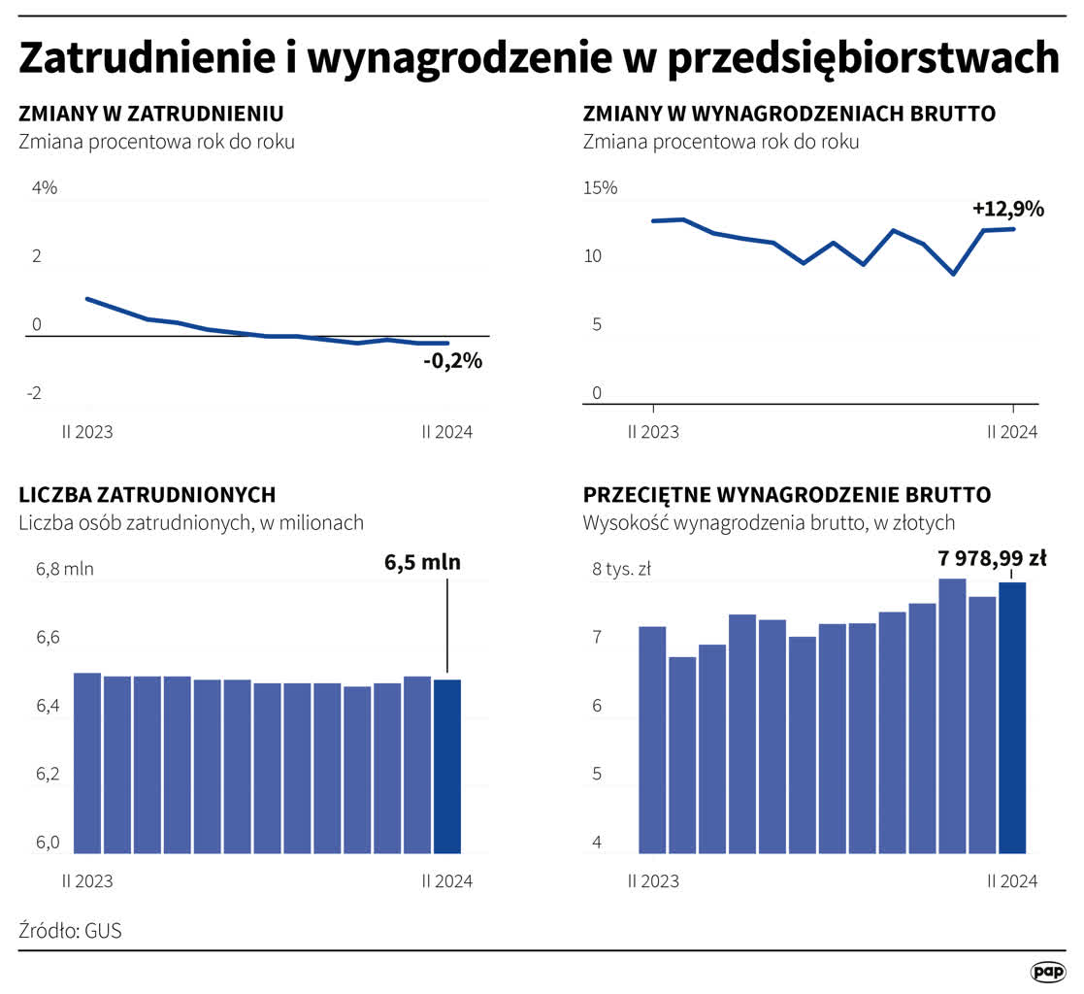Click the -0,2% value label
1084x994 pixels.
pos(452,362)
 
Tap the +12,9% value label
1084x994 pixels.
pos(1007,209)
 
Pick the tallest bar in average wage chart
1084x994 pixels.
pos(952,715)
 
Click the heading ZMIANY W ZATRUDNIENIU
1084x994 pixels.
pos(150,114)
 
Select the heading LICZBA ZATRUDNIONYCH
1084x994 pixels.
pos(147,495)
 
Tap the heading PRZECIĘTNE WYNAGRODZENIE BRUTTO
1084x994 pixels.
pos(786,495)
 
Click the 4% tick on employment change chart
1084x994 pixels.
pos(45,188)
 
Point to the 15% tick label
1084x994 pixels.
pos(600,188)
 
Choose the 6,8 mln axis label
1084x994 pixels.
pos(64,569)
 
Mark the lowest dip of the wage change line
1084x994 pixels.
pos(953,274)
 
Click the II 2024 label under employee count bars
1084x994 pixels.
pos(447,881)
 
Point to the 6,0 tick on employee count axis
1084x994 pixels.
pos(49,843)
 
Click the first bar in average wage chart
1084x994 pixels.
pos(652,740)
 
